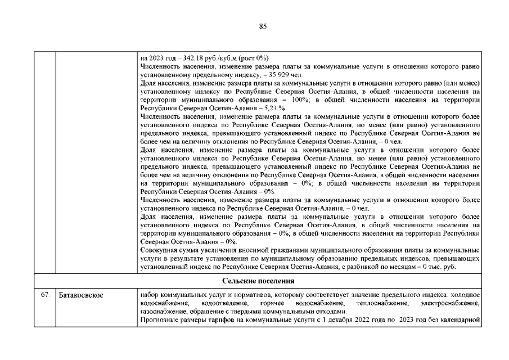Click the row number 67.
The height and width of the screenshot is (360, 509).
pos(44,295)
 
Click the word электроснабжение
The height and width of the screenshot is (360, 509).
pos(450,304)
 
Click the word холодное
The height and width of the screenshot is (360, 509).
pos(465,295)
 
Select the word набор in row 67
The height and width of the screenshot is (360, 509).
pos(149,295)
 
